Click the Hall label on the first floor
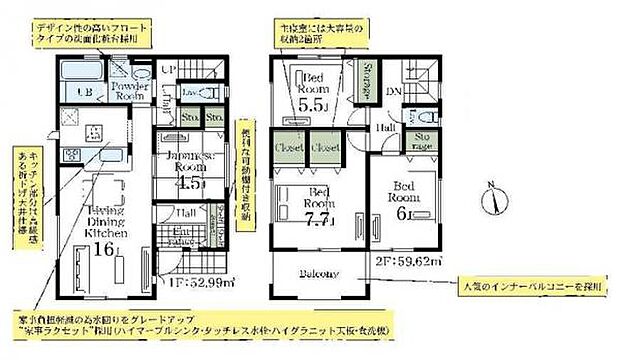[186, 213]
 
